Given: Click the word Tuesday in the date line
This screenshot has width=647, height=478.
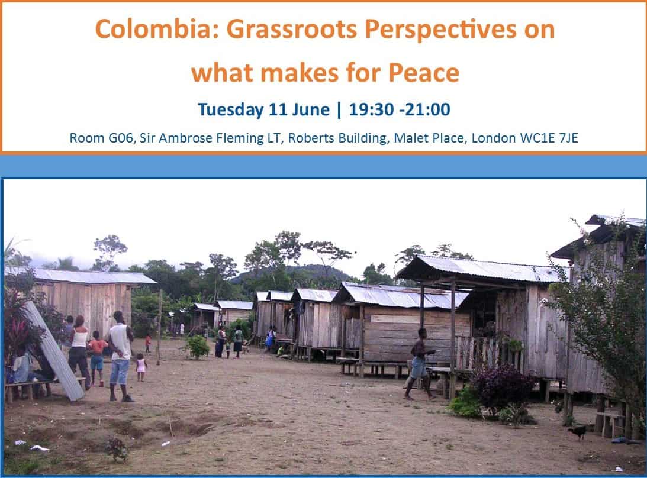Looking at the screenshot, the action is point(230,109).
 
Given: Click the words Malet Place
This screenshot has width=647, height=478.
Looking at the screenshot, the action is point(429,138).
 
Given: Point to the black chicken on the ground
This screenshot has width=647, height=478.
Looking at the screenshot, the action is point(578,432).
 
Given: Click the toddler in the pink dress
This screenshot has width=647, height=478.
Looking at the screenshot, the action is point(141,367).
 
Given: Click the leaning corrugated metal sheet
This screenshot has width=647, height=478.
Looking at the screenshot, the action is point(54,351).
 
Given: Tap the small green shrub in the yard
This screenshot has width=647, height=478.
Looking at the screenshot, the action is point(198,347).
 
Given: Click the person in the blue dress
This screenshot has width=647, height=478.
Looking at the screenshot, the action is point(271,338).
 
